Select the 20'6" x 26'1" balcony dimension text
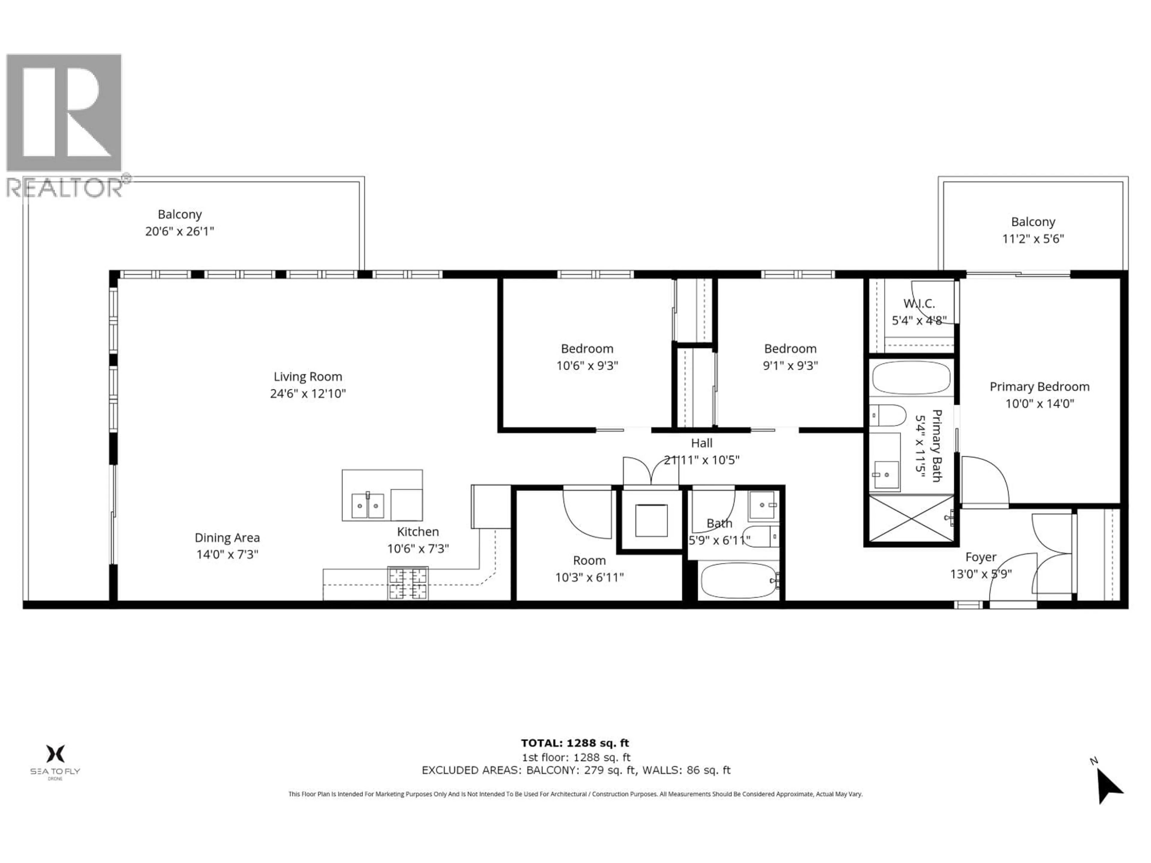(x=180, y=232)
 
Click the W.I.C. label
(x=919, y=303)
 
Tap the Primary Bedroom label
(x=1039, y=387)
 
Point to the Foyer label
(x=980, y=557)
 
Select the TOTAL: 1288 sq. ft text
(x=575, y=743)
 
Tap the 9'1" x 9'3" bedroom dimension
(x=790, y=366)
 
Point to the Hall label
(x=701, y=443)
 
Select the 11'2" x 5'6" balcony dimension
(x=1033, y=239)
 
